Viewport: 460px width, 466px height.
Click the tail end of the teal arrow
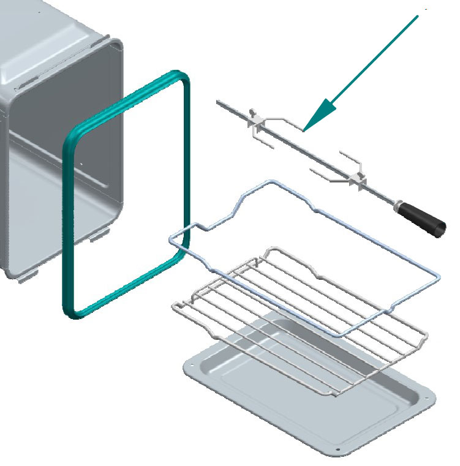pos(418,15)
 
